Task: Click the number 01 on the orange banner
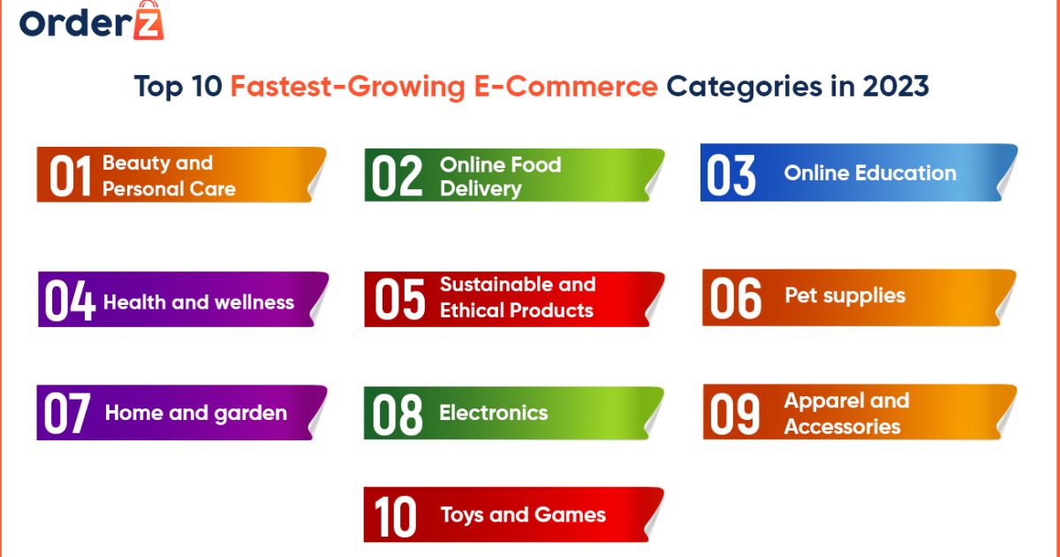[70, 176]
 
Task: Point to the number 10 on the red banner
[395, 516]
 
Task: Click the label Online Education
[870, 173]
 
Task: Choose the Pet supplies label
[845, 295]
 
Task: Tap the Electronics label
[494, 413]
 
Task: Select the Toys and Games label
[523, 515]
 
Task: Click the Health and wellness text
[199, 302]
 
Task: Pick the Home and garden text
[196, 413]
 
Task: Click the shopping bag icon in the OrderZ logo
[148, 24]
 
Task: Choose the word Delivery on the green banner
[481, 188]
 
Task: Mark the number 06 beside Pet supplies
[735, 299]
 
